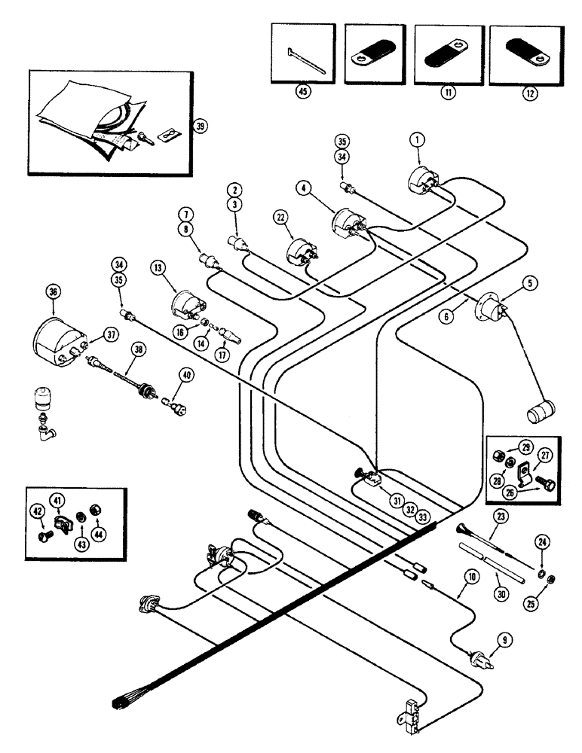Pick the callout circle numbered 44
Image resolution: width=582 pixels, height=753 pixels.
(x=97, y=535)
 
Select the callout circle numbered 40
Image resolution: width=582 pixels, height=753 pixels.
(x=186, y=374)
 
